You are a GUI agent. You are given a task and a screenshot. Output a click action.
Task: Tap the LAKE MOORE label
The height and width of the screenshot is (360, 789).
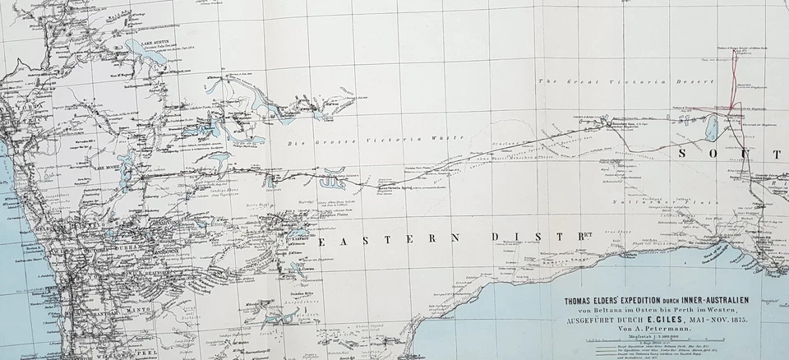[x=108, y=165]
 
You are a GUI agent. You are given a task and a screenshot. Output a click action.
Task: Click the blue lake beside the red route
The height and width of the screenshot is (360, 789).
[x=711, y=127]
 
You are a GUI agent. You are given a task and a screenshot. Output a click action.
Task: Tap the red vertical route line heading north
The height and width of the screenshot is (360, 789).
[x=735, y=82]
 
